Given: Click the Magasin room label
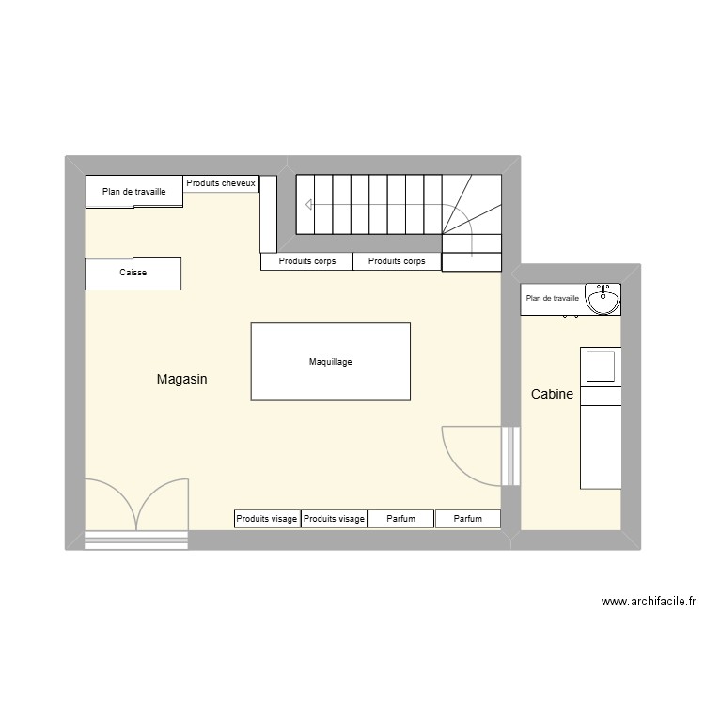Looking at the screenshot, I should [181, 380].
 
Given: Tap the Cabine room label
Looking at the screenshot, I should [552, 395].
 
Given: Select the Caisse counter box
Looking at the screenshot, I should [133, 274].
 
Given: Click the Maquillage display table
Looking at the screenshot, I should [330, 362].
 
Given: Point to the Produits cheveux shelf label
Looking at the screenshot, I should [221, 183].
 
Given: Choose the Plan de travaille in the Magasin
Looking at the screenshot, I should [134, 192].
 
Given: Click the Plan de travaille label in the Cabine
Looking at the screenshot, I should [553, 299].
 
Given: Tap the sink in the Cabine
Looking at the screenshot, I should [603, 299].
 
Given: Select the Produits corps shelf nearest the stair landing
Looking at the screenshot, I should [397, 261].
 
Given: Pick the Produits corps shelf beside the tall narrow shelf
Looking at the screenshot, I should [306, 261].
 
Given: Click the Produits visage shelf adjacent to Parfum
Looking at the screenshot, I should [334, 519].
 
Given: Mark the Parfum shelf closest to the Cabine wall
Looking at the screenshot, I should [467, 519].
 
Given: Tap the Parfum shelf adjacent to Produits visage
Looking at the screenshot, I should [400, 519].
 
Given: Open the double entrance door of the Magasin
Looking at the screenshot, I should [136, 506].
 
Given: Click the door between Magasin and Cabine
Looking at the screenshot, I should [475, 457].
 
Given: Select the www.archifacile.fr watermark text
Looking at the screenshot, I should [648, 603].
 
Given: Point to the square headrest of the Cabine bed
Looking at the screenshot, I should [601, 366].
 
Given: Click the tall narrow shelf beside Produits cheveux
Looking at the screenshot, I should [268, 213].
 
